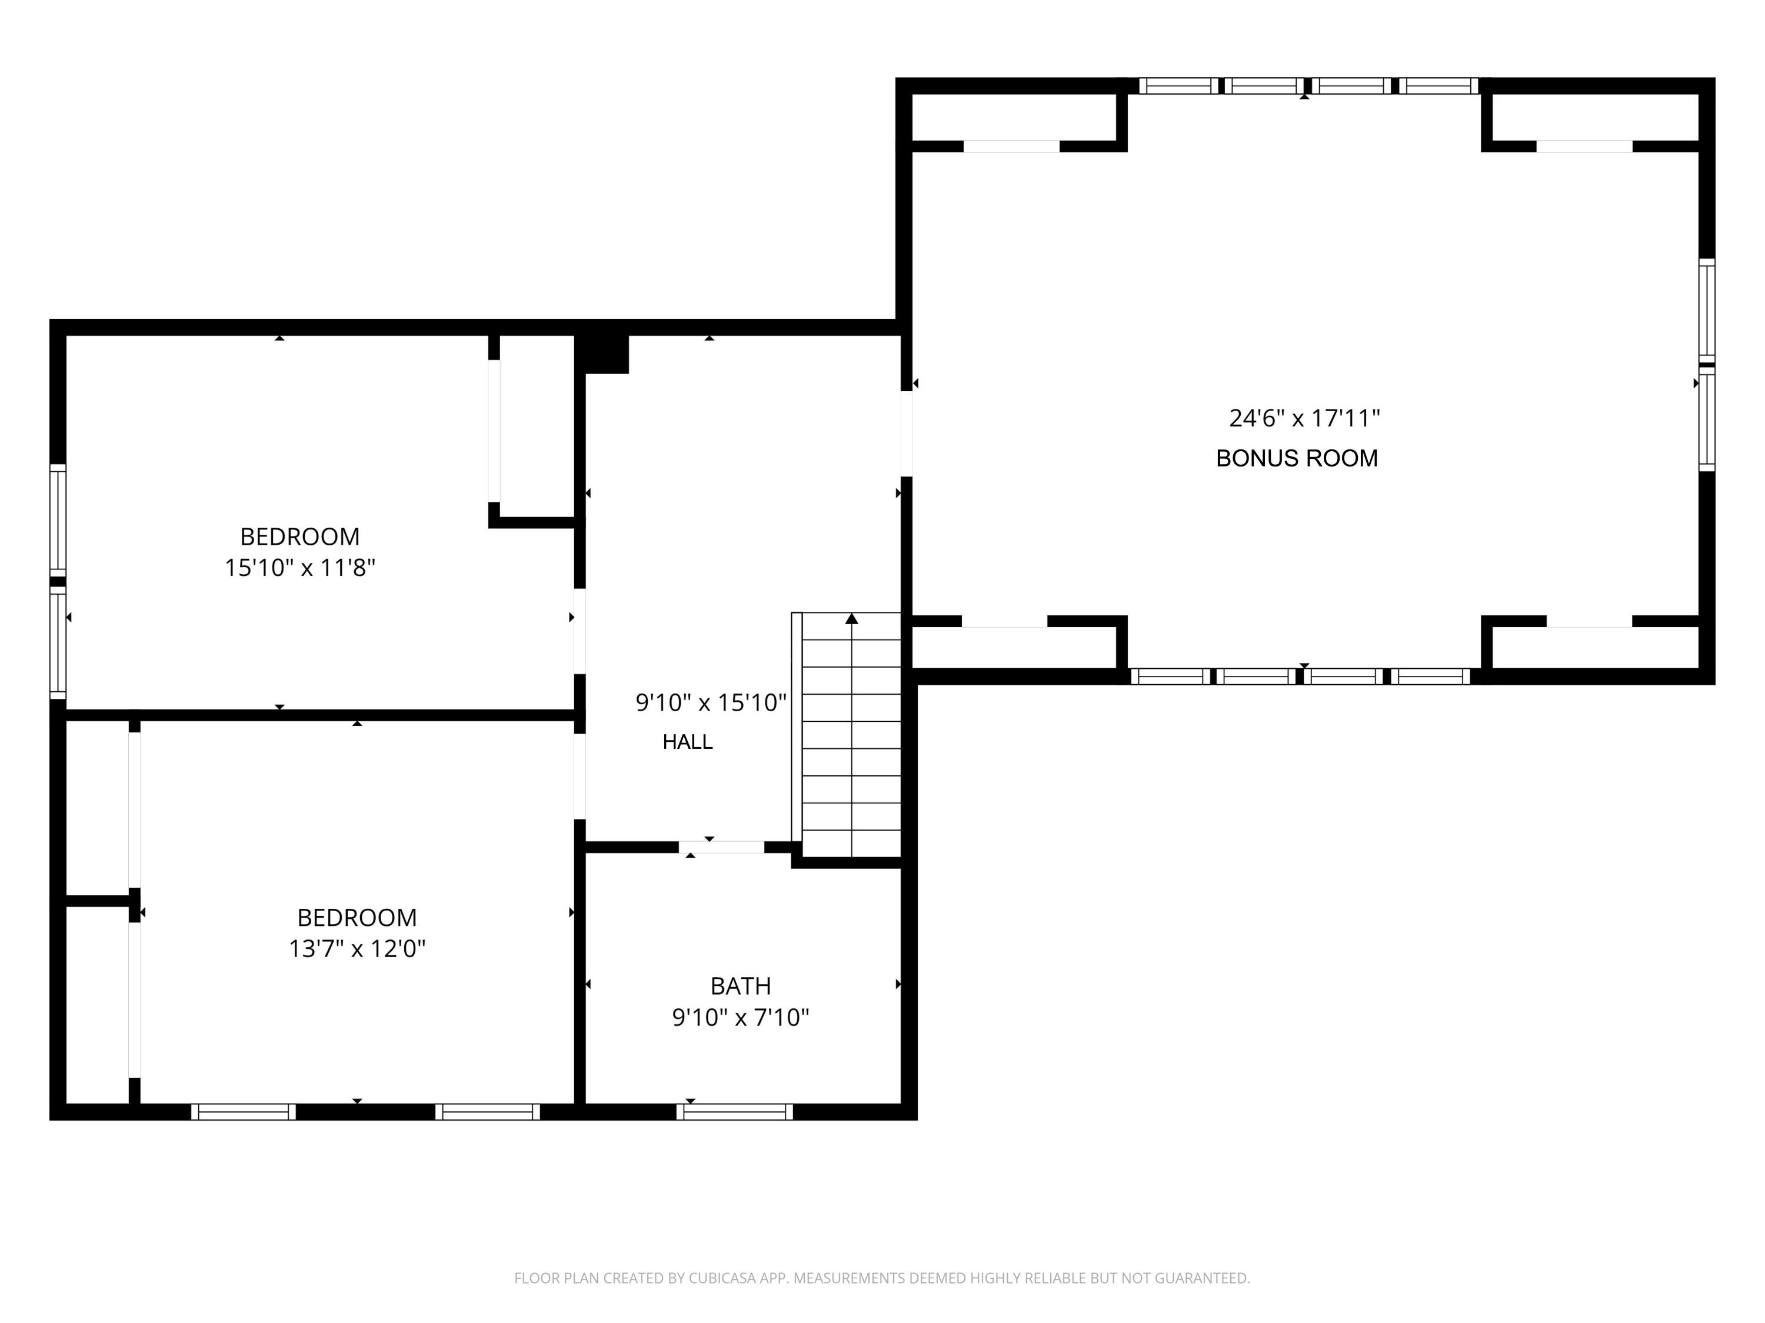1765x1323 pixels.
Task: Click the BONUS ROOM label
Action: click(1297, 458)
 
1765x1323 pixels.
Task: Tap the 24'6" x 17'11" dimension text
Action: click(1304, 418)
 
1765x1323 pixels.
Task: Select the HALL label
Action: click(687, 742)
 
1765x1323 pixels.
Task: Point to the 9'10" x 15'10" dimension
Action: click(710, 703)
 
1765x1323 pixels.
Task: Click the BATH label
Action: click(741, 987)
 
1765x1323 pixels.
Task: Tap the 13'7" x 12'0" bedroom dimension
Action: click(357, 949)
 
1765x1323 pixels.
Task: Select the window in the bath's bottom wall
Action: click(734, 1112)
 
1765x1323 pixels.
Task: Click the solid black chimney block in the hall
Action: click(602, 354)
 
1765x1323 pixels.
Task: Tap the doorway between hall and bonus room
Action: click(907, 434)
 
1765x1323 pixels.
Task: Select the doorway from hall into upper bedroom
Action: click(580, 631)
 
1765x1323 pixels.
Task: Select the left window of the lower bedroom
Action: click(244, 1112)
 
